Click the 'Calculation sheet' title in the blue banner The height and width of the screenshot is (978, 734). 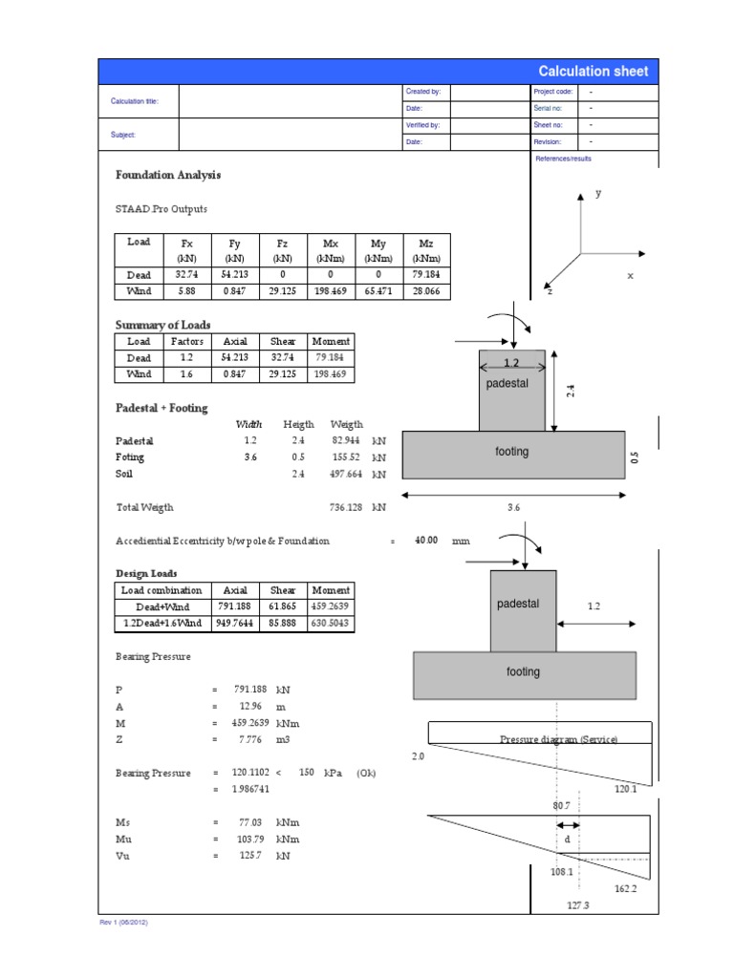[593, 72]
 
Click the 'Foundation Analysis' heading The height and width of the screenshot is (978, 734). [168, 176]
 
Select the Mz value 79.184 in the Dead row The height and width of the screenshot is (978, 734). [426, 274]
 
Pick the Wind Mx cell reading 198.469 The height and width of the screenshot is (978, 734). [331, 291]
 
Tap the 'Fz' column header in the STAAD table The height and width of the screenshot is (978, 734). [283, 244]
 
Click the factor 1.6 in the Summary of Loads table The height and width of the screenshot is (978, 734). [187, 374]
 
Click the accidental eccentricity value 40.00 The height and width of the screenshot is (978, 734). [425, 541]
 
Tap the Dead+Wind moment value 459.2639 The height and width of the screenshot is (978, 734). [332, 606]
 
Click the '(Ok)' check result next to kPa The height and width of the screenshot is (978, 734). [367, 773]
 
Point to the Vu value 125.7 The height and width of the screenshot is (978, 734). [250, 856]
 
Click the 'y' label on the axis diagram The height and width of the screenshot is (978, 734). [599, 193]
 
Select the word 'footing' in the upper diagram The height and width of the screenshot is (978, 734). [511, 452]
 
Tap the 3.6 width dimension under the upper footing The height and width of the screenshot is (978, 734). [513, 508]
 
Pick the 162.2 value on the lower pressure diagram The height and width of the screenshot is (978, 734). [627, 888]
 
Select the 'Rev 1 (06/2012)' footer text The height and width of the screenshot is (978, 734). [123, 924]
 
